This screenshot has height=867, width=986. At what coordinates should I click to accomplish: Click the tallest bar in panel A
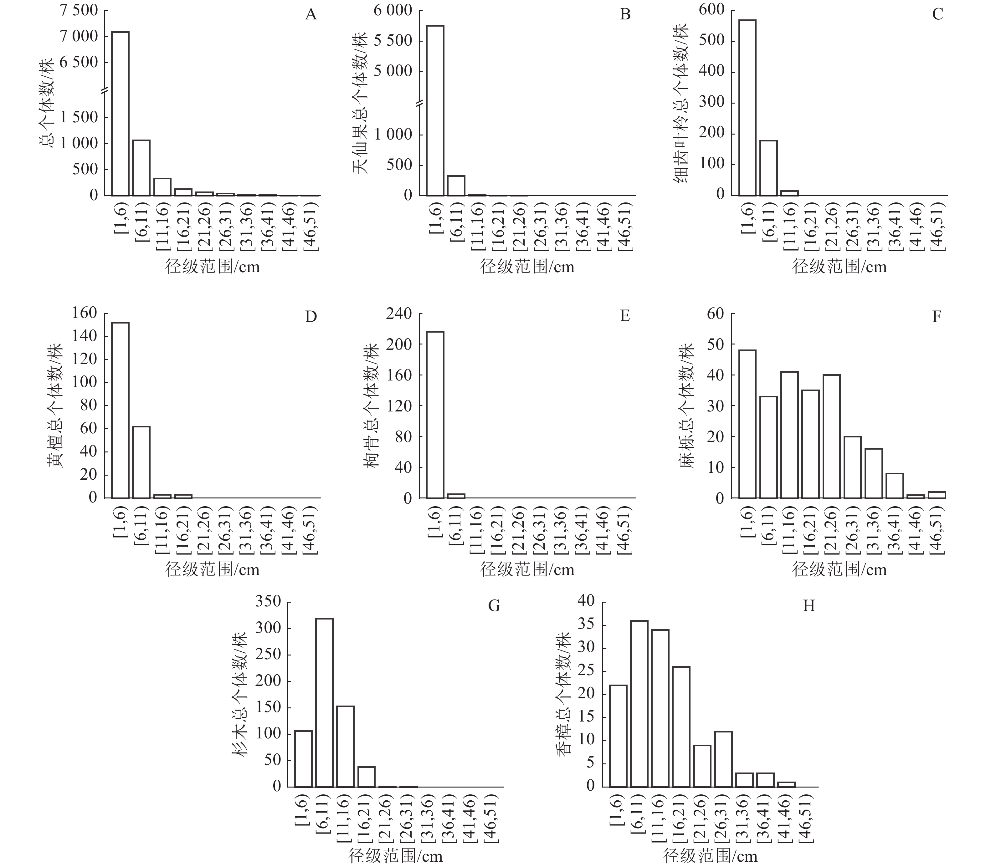tap(120, 113)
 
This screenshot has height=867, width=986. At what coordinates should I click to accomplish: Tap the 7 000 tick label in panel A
tap(78, 37)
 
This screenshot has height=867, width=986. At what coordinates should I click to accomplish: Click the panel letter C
tap(937, 14)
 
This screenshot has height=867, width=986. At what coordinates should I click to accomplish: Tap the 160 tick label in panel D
tap(85, 314)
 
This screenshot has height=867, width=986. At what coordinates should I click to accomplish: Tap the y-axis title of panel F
tap(686, 406)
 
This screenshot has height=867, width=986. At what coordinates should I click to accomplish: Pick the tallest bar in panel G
tap(324, 702)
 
